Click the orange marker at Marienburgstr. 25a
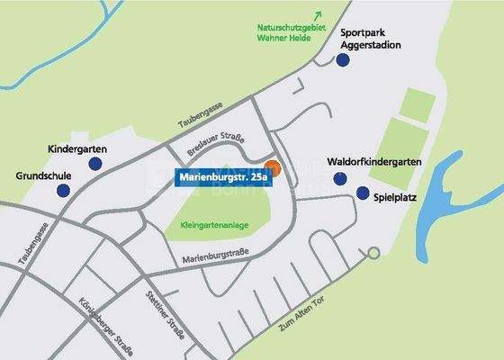[x=274, y=167]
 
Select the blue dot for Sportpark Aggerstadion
[x=342, y=60]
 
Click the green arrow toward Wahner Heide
[x=316, y=14]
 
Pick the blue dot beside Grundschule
[x=63, y=191]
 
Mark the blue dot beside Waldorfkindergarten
[x=339, y=178]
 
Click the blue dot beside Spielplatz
[x=362, y=193]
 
